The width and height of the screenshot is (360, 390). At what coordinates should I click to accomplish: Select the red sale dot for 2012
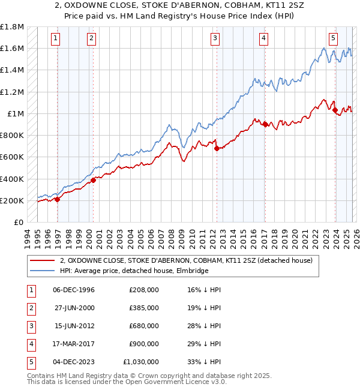click(x=216, y=148)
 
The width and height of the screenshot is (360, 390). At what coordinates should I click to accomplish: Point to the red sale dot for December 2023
click(x=334, y=110)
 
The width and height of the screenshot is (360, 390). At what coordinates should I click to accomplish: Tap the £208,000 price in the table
click(x=144, y=290)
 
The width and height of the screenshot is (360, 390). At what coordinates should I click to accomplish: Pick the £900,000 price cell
click(x=144, y=344)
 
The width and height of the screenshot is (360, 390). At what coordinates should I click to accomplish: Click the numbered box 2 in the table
click(x=31, y=308)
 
